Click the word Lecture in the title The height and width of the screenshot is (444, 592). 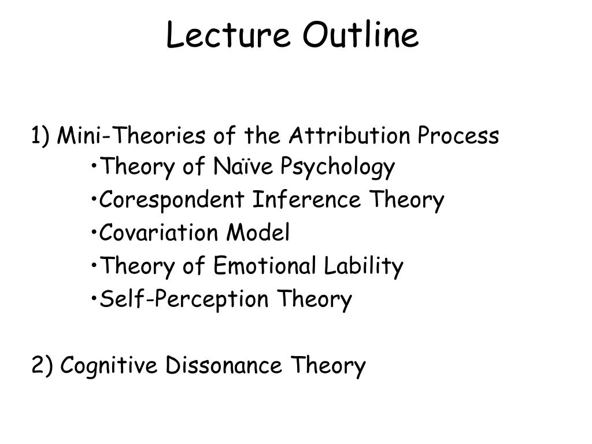[x=228, y=35]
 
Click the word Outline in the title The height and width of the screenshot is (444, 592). [x=361, y=35]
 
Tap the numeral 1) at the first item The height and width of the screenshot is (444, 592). [x=40, y=135]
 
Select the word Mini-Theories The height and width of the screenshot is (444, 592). [x=131, y=135]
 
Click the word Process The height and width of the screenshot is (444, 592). [x=458, y=135]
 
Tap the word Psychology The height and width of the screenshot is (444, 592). [x=338, y=167]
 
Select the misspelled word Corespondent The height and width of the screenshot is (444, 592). [x=171, y=200]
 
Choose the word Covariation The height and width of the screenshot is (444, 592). [x=158, y=232]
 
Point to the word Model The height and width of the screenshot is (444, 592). [x=258, y=232]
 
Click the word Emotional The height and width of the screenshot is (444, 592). [x=265, y=265]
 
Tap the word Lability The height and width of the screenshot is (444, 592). [x=364, y=267]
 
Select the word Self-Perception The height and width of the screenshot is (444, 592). [x=184, y=299]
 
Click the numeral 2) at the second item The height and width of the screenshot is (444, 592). [x=42, y=365]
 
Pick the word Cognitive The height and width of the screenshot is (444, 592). [x=108, y=366]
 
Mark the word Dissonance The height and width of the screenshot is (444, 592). [x=224, y=365]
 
